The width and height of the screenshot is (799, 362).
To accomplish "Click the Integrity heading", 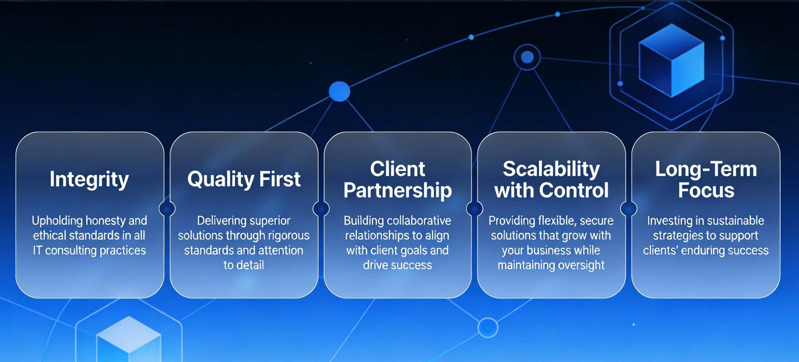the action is coord(89,179).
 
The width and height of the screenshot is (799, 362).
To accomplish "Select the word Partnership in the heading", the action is coord(398,191).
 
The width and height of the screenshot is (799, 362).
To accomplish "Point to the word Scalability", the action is coord(551,169).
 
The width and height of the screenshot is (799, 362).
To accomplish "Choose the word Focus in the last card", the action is coord(706,190).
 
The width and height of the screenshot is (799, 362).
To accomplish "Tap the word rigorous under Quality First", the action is coord(289,236).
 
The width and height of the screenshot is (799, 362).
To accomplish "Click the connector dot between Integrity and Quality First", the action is coord(167,209).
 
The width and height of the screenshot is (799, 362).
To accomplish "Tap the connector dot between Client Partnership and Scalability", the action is coord(474,209).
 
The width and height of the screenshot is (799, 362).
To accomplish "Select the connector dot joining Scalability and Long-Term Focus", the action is coord(629,209).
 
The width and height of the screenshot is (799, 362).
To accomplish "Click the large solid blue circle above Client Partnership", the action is coord(340,91).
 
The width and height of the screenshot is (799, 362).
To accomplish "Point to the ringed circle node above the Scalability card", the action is coord(527,57).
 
